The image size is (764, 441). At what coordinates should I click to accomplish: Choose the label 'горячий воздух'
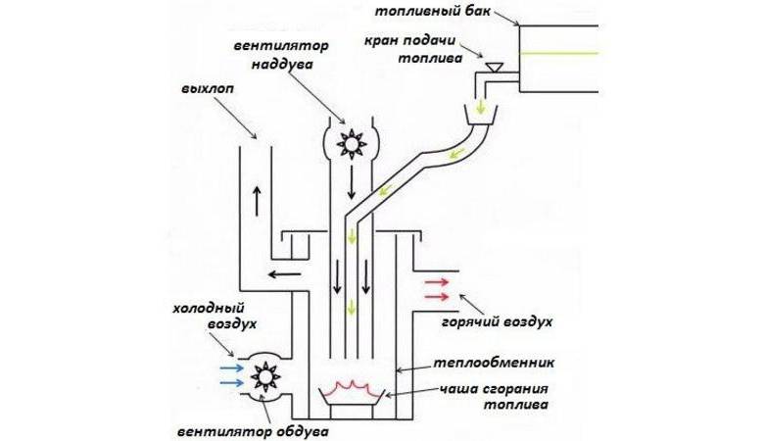pos(511,320)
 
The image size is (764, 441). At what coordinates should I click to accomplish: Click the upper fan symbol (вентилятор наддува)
pos(349,144)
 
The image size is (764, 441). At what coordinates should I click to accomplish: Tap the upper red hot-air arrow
pos(436,281)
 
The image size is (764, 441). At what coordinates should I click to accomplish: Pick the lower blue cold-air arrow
pos(232,383)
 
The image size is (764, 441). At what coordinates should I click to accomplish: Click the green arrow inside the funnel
pos(480,104)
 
